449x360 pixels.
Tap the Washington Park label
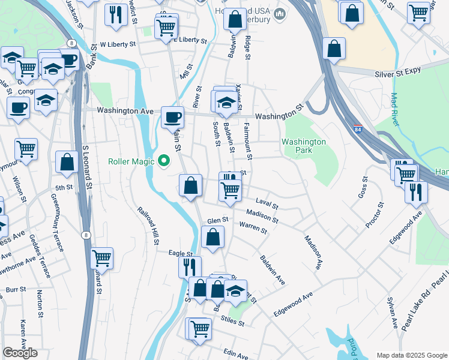click(304, 146)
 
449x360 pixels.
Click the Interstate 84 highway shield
click(358, 129)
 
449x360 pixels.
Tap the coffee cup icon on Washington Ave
click(173, 116)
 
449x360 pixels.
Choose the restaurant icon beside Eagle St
click(190, 266)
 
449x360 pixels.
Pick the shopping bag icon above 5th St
click(67, 161)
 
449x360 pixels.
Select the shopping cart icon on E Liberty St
click(166, 26)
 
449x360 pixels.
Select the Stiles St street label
click(232, 323)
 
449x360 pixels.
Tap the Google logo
click(20, 353)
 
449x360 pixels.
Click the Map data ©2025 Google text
click(412, 355)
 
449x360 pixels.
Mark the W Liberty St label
click(118, 44)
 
